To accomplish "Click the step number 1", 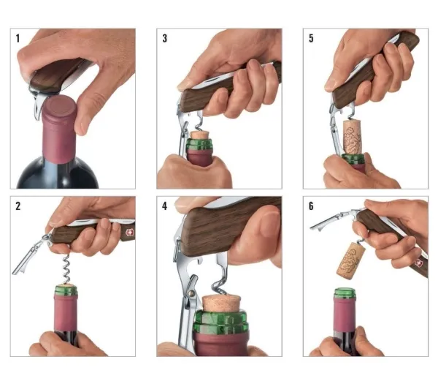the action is tap(18, 38).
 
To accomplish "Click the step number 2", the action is tap(18, 206).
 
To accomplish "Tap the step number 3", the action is tap(164, 38).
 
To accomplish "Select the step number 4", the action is tap(164, 206).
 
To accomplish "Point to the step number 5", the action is tap(311, 38).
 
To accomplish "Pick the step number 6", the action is tap(311, 206).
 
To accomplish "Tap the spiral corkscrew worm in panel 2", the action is tap(66, 269).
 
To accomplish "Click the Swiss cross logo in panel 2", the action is tap(129, 233).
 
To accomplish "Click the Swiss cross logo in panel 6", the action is tap(418, 263).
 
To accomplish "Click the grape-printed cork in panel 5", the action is tap(353, 137).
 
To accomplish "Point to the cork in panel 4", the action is tap(221, 304).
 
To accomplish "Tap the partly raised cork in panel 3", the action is tap(199, 135).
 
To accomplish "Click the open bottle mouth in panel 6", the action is tap(345, 292).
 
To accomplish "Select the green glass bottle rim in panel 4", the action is tap(221, 322).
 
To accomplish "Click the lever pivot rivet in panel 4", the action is tap(191, 293).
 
